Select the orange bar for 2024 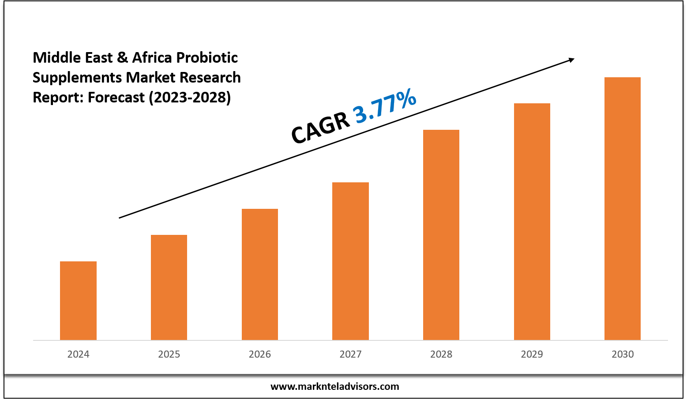click(78, 301)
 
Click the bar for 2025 click(169, 287)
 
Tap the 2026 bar click(260, 274)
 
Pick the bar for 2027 click(350, 261)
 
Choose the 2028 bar click(441, 235)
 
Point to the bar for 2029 click(532, 222)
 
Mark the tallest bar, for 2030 click(623, 208)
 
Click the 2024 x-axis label click(78, 354)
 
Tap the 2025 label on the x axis click(169, 354)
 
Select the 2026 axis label click(260, 354)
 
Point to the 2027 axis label click(350, 354)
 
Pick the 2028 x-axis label click(441, 354)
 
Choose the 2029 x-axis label click(532, 354)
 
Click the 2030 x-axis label click(623, 354)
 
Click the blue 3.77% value click(385, 106)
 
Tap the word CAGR click(320, 128)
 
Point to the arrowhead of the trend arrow click(572, 59)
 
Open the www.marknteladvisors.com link click(334, 387)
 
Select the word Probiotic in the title click(207, 57)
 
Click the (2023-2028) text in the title click(189, 97)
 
